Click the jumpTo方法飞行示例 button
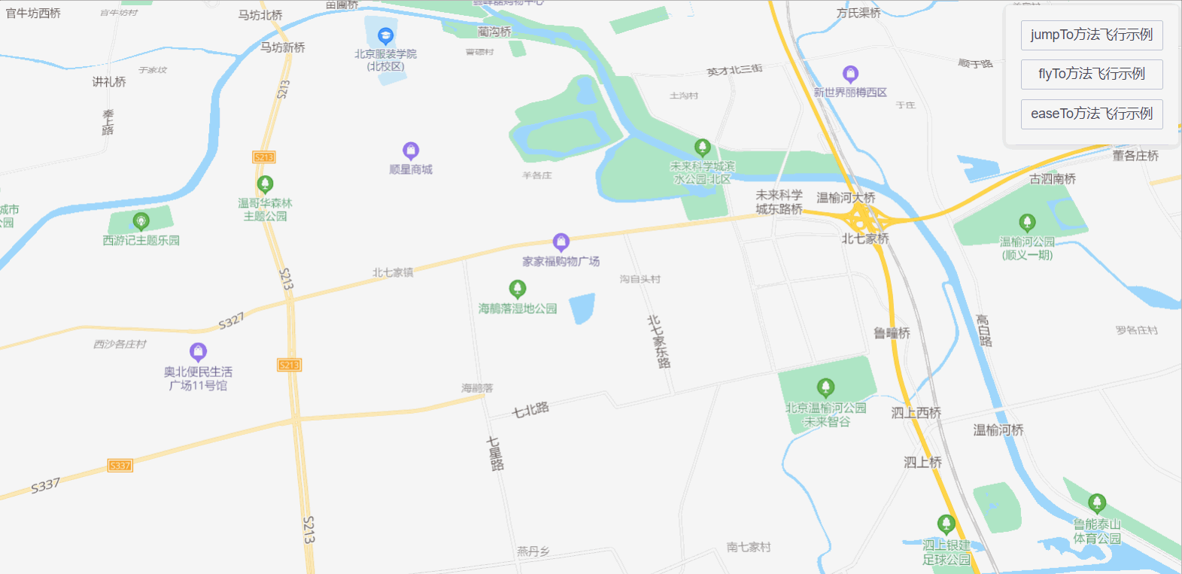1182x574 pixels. (1091, 35)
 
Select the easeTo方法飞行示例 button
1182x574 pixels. (1091, 114)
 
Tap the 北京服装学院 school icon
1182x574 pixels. (385, 35)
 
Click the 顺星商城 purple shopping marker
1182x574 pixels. (411, 150)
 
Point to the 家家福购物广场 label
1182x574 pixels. (561, 262)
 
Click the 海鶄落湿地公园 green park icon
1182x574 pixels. (518, 289)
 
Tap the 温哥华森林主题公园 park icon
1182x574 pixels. (265, 184)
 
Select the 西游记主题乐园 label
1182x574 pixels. (141, 241)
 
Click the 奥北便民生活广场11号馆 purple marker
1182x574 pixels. (198, 351)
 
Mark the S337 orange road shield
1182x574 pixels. (120, 466)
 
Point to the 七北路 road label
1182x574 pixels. (530, 410)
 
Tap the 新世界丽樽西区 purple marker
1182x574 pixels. (850, 74)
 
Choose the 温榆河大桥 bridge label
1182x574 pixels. (846, 198)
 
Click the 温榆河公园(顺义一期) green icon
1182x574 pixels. (1027, 223)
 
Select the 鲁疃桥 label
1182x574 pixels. (892, 333)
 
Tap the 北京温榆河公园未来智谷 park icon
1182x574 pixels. (825, 387)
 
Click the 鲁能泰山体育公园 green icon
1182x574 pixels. (1097, 503)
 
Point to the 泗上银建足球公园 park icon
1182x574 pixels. (947, 524)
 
